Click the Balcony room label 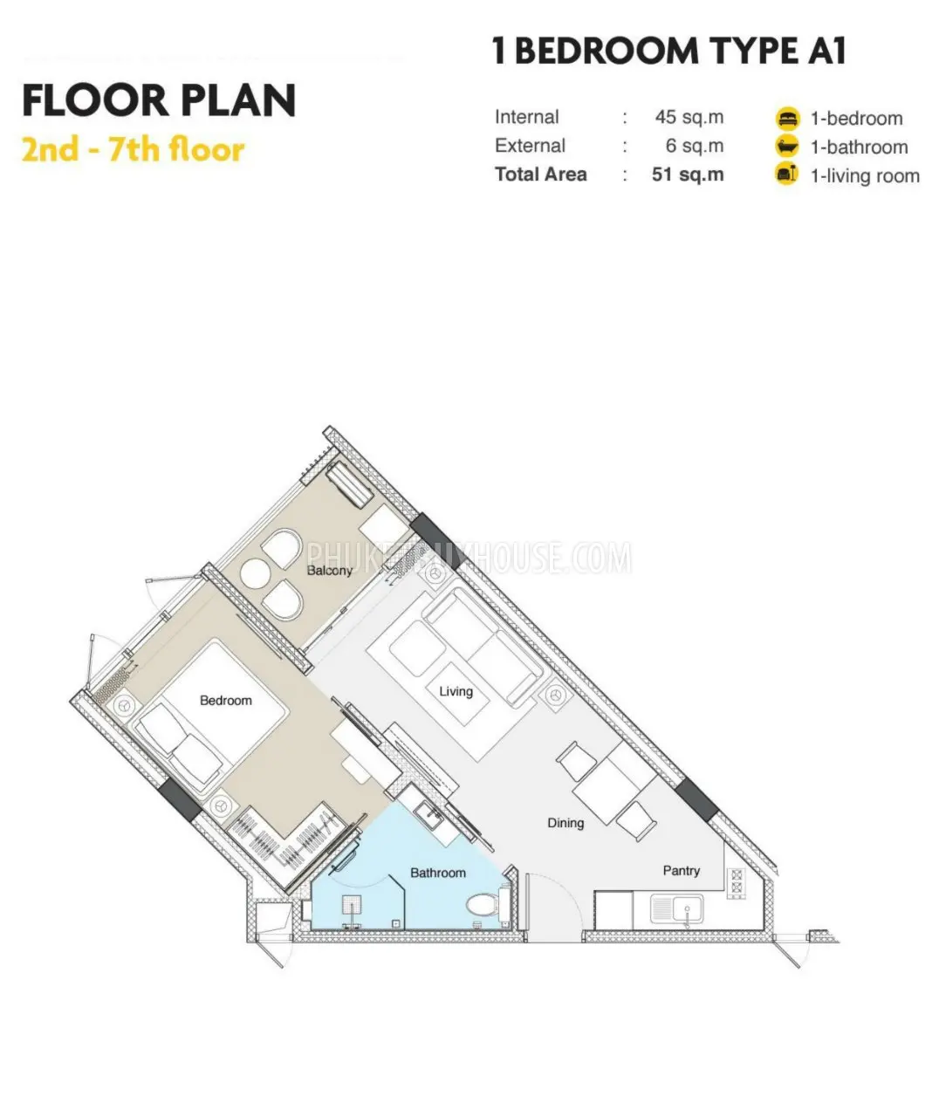tap(329, 570)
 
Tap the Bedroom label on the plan tap(225, 700)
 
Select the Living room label tap(456, 692)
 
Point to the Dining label tap(565, 823)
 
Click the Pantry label tap(681, 871)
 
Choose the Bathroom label tap(438, 873)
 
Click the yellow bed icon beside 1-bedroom tap(787, 119)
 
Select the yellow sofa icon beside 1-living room tap(787, 175)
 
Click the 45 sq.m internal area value tap(689, 117)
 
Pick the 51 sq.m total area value tap(688, 175)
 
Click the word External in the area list tap(530, 146)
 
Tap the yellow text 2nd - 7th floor tap(134, 150)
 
